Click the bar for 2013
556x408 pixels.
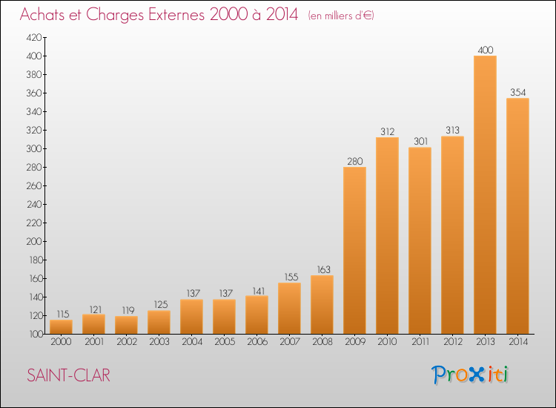point(485,195)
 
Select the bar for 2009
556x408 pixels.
point(354,251)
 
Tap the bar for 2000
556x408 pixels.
point(61,326)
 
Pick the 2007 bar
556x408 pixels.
point(289,309)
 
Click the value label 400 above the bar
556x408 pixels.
point(486,50)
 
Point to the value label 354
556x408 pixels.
point(517,92)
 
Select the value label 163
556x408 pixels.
point(323,269)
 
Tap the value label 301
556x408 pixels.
point(420,141)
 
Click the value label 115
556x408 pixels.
point(63,314)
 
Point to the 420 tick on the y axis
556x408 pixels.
point(34,37)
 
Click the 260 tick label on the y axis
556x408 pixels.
point(34,185)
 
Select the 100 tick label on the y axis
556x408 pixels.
point(36,334)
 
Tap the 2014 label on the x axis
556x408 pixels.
point(518,342)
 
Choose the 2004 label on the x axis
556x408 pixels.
point(192,342)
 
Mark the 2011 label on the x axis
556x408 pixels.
point(420,342)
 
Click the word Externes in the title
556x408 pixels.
point(176,14)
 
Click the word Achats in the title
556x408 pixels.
point(42,14)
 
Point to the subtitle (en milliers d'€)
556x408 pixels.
point(341,16)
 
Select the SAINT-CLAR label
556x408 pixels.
point(68,375)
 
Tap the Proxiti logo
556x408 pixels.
point(470,375)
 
